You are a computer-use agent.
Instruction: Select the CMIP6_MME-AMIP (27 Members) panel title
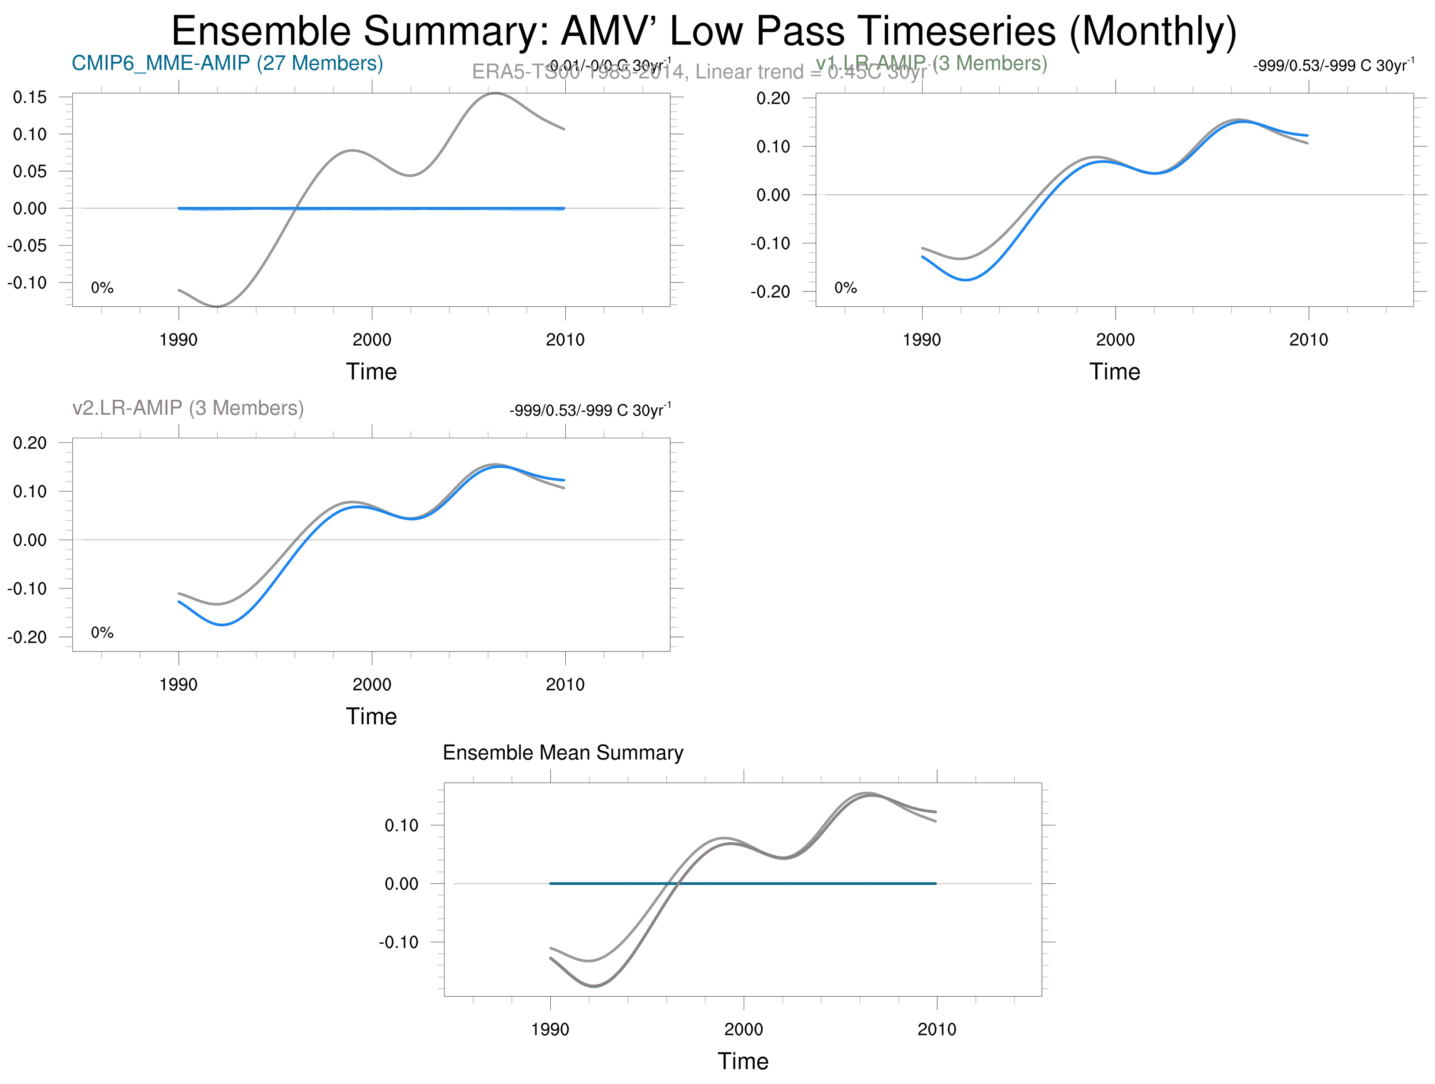tap(227, 63)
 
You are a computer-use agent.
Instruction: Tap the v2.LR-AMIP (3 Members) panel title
tap(188, 408)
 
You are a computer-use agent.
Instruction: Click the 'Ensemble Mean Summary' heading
tap(563, 753)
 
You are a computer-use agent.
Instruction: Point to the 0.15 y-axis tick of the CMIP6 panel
tap(30, 97)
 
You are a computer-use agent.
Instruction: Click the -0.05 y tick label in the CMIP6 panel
tap(27, 246)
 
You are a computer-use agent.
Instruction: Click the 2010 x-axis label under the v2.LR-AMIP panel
tap(564, 685)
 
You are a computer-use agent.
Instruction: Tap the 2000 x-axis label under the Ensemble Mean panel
tap(743, 1029)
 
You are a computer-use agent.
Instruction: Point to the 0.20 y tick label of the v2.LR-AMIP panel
tap(30, 443)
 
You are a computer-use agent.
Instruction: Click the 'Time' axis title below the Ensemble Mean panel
tap(743, 1061)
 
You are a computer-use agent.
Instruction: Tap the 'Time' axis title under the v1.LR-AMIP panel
tap(1115, 372)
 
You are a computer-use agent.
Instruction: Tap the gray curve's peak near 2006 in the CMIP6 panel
tap(495, 93)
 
